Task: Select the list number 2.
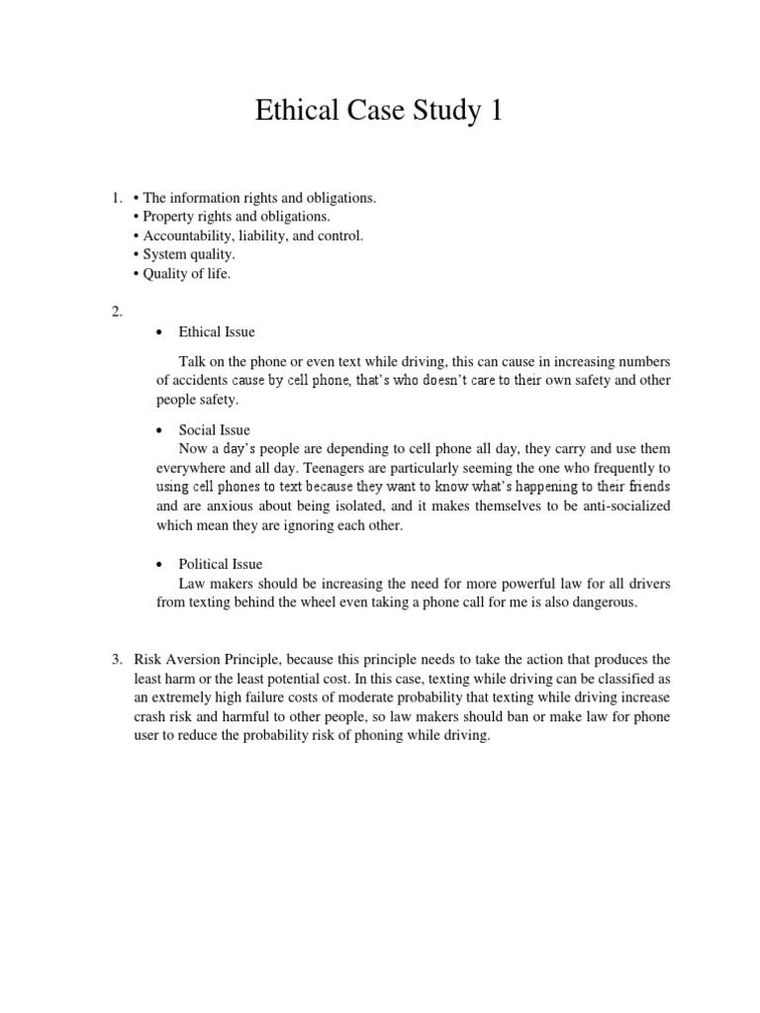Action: tap(116, 312)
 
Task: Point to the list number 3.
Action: tap(116, 659)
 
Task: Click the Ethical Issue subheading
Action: tap(217, 332)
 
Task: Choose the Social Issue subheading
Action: tap(214, 430)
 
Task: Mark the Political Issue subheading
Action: tap(221, 564)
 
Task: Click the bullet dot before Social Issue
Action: tap(160, 431)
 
